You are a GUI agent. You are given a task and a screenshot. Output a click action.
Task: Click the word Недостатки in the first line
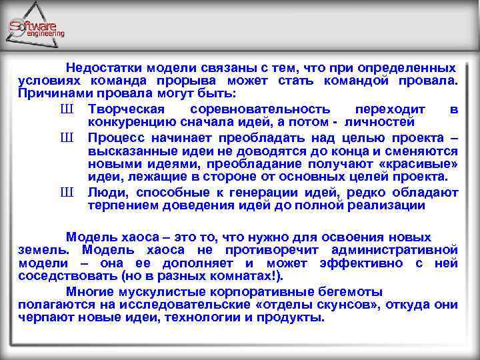(100, 68)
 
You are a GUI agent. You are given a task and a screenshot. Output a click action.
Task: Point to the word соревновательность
(259, 109)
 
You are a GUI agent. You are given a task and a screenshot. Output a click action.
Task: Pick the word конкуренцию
(133, 122)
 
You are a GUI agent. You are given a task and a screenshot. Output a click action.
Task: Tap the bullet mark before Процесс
(66, 138)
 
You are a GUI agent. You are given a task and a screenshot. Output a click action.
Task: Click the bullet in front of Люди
(66, 193)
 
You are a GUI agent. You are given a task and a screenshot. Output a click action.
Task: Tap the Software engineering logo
(37, 27)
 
